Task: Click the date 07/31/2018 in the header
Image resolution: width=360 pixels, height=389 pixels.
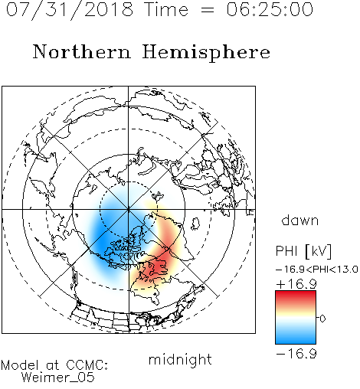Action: [x=70, y=10]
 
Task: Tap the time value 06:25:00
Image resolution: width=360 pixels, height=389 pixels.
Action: [x=270, y=9]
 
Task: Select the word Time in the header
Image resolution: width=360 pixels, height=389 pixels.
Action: [x=166, y=9]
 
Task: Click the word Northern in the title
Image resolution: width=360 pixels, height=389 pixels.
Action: [x=82, y=52]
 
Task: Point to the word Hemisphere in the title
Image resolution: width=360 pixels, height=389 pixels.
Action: [x=206, y=53]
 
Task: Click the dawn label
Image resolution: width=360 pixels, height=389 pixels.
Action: [x=300, y=220]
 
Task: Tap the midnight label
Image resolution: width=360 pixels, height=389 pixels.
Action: [x=180, y=359]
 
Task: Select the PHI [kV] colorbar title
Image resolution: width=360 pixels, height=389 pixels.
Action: [x=303, y=251]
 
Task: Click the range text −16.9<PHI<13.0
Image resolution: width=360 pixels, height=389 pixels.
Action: [x=317, y=270]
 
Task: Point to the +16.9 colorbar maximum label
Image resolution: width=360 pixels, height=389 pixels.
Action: [x=296, y=284]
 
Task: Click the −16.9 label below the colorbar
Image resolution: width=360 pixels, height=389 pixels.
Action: [x=296, y=354]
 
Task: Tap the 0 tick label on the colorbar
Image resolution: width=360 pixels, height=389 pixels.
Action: [x=322, y=319]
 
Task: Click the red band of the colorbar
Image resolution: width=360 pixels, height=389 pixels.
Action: [x=296, y=297]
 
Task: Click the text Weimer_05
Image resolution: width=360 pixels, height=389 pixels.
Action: [x=58, y=378]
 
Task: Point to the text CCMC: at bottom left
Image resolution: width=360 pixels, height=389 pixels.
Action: [x=87, y=365]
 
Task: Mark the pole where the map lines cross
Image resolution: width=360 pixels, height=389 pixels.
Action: [x=129, y=210]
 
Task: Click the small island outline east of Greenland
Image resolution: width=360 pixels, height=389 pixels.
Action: [x=195, y=223]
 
